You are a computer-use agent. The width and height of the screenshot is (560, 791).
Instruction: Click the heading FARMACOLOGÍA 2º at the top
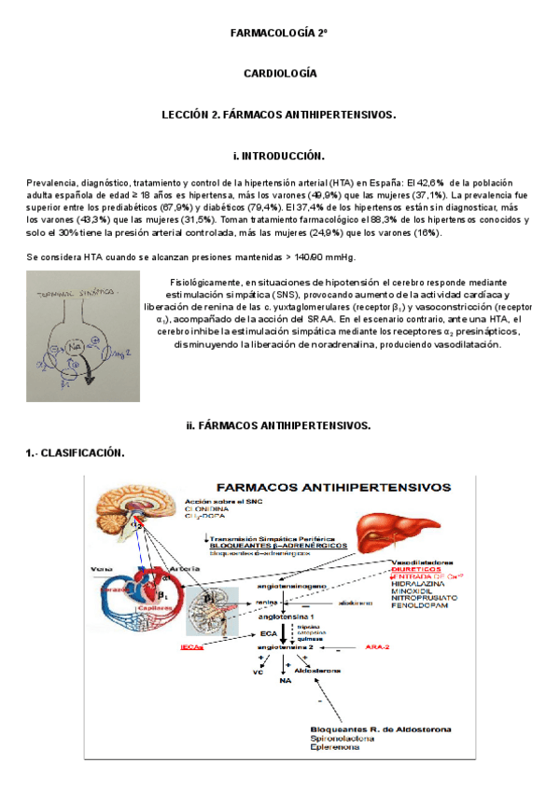280,34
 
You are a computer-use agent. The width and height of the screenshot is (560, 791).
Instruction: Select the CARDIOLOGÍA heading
280,73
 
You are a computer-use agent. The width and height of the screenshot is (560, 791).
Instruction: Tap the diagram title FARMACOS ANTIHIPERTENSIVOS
333,486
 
